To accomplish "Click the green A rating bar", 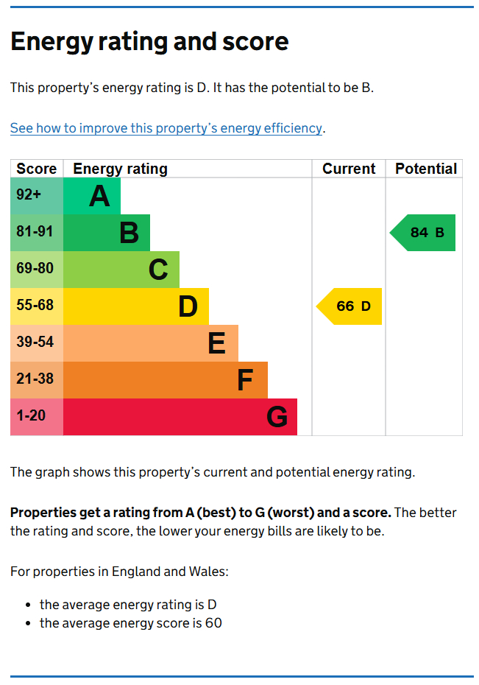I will click(x=92, y=196).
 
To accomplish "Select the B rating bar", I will click(x=107, y=233).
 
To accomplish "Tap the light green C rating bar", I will click(x=121, y=270).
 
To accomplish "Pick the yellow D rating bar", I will click(x=136, y=306).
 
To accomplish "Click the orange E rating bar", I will click(x=151, y=343).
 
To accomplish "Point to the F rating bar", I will click(x=166, y=380).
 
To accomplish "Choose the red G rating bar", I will click(x=180, y=417).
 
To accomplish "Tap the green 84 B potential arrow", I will click(x=425, y=233).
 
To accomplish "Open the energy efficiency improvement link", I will click(x=166, y=128).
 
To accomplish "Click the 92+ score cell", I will click(x=37, y=196).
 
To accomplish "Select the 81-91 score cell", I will click(x=37, y=233).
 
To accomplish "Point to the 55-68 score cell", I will click(x=37, y=306).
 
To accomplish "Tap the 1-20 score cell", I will click(x=37, y=417).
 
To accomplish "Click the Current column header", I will click(x=349, y=169).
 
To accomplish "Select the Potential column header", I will click(x=425, y=169).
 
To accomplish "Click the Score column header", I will click(x=37, y=169).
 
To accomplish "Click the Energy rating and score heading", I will click(x=149, y=41).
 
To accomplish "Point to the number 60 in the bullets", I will click(x=213, y=623).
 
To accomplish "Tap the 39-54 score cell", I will click(x=37, y=343).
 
